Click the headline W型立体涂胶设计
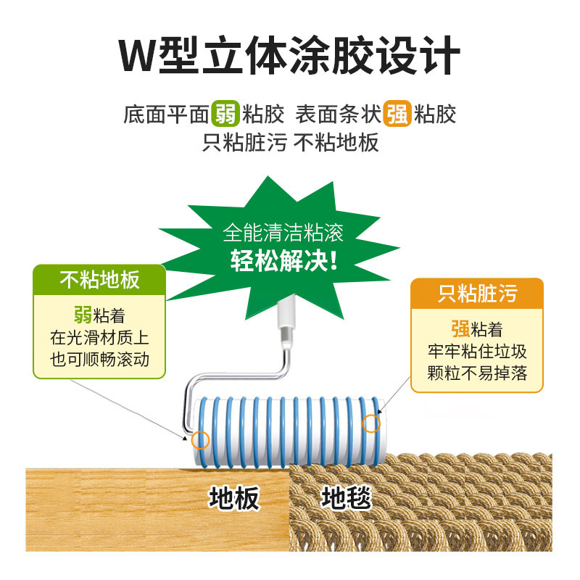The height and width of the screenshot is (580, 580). pyautogui.click(x=290, y=54)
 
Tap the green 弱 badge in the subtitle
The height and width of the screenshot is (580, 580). pyautogui.click(x=225, y=114)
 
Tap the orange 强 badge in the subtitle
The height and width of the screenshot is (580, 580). pyautogui.click(x=397, y=114)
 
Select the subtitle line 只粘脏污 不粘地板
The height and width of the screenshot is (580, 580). pyautogui.click(x=290, y=141)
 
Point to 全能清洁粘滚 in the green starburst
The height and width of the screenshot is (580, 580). pyautogui.click(x=283, y=233)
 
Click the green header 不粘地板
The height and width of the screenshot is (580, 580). pyautogui.click(x=100, y=280)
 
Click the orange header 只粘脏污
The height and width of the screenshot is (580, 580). pyautogui.click(x=477, y=293)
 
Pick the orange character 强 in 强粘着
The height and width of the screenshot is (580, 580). pyautogui.click(x=460, y=329)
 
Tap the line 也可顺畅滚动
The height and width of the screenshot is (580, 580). pyautogui.click(x=100, y=360)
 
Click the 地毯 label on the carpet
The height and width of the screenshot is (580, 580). pyautogui.click(x=347, y=497)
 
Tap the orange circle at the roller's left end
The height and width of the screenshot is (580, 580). pyautogui.click(x=200, y=439)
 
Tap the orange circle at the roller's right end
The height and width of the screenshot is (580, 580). pyautogui.click(x=371, y=423)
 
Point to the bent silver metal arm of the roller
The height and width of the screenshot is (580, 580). pyautogui.click(x=239, y=374)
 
